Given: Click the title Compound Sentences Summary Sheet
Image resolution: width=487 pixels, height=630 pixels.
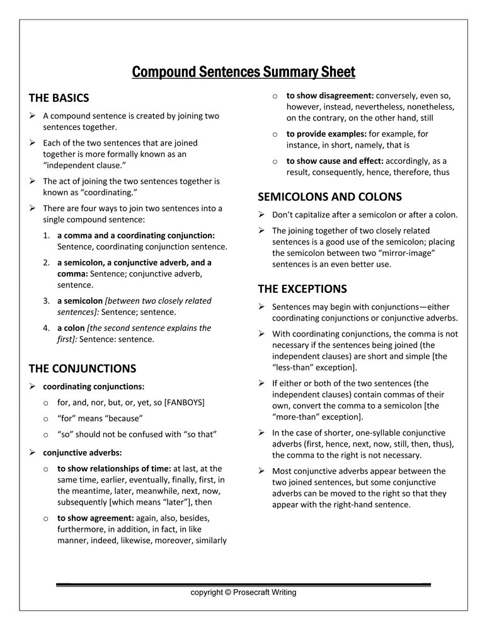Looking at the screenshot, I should pos(243,72).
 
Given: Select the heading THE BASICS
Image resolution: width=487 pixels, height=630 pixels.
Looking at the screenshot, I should pos(59,98).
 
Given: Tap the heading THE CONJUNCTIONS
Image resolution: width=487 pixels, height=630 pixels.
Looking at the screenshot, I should pos(83,369).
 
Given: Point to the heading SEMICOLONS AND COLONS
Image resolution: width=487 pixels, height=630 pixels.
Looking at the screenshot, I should pos(329,197).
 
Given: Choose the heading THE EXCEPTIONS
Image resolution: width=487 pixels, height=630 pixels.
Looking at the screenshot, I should pos(302,289).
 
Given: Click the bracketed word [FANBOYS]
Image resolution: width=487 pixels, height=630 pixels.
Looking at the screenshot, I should pos(184,402).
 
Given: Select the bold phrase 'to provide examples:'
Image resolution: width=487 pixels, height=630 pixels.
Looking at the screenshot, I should pos(326,134).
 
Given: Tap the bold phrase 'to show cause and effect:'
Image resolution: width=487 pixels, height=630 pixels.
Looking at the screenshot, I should pos(335,161).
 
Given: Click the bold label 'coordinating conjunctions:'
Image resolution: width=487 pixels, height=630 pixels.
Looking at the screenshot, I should pos(93,386).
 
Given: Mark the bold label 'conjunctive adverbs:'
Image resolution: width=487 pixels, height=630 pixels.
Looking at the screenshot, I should pos(83,452).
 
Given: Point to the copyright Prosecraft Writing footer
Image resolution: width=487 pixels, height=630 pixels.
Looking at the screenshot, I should pos(243,592).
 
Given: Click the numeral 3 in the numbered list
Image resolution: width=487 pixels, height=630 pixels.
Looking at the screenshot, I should pos(47,301).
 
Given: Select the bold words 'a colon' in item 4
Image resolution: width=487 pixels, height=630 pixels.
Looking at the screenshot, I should pos(71,328).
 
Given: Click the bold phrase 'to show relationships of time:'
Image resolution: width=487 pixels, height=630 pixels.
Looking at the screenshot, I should pos(114,469).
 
